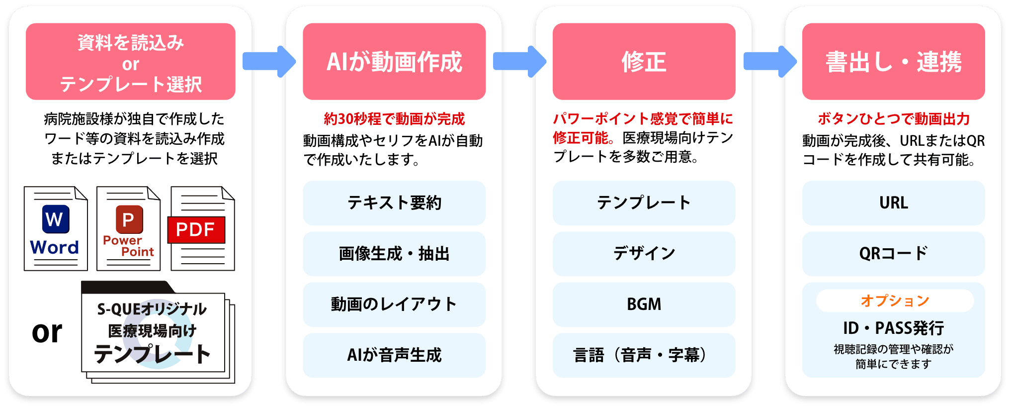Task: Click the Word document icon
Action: coord(56,228)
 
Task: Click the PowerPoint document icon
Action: coord(128,228)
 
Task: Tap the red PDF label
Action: coord(196,230)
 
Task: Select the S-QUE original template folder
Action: coord(154,331)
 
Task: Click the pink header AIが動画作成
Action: coord(394,62)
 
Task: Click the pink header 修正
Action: coord(644,62)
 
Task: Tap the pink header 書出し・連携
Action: coord(893,62)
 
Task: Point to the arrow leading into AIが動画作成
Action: coord(269,62)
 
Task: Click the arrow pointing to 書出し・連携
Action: coord(769,62)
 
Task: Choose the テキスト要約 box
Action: coord(394,203)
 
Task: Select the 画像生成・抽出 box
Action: coord(394,254)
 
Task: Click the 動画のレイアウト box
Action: coord(394,305)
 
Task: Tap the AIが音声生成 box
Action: coord(394,355)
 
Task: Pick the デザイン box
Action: coord(644,254)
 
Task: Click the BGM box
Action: coord(644,305)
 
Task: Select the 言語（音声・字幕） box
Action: coord(644,355)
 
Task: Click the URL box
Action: coord(893,203)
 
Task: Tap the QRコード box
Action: coord(893,254)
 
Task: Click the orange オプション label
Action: coord(895,301)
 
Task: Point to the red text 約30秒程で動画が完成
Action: coord(394,119)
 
